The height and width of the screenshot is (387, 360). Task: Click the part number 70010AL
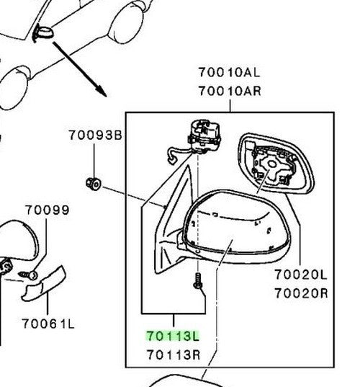coord(229,72)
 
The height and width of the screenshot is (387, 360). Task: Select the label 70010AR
coord(230,91)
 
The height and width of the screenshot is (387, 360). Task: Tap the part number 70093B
coord(95,135)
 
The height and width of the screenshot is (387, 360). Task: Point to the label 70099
coord(48,210)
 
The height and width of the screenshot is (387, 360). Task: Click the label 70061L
coord(48,324)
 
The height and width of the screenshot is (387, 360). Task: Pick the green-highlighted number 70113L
coord(173,336)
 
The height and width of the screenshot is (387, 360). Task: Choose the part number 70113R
coord(174,355)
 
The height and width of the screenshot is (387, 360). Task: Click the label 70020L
coord(300,275)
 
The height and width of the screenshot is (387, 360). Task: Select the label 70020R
coord(301,293)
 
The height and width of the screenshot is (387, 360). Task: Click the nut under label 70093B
coord(94,184)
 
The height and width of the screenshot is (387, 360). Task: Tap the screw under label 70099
coord(28,275)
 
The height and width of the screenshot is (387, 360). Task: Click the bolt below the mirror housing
coord(198,280)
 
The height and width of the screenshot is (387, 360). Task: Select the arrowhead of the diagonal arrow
coord(102,92)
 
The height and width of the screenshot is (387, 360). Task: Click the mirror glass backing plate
coord(276,164)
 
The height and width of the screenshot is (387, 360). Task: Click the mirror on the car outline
coord(43,34)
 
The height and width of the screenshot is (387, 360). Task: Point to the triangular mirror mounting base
coord(173,222)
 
